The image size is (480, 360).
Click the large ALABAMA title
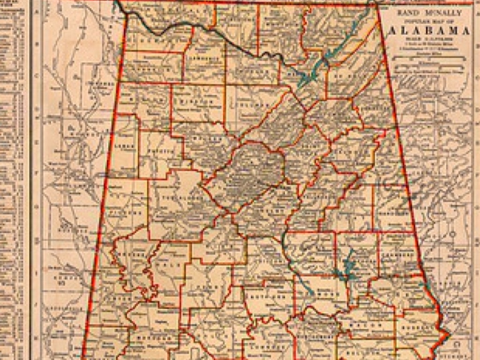(430, 31)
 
